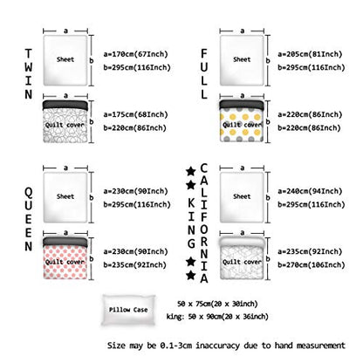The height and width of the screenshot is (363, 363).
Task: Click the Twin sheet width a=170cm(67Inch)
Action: (136, 54)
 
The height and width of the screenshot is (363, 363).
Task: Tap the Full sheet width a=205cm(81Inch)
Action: (310, 54)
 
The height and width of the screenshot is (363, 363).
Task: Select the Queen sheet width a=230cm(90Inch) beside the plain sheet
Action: (136, 191)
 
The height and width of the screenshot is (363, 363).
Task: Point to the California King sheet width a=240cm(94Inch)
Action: (310, 191)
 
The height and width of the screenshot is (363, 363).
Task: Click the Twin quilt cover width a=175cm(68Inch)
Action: (136, 114)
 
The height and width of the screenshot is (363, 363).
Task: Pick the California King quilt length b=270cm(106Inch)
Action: (312, 265)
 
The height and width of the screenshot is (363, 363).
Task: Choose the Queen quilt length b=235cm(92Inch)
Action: (135, 265)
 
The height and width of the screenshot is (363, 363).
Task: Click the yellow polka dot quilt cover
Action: (242, 121)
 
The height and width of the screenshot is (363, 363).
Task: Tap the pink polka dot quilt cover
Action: (65, 258)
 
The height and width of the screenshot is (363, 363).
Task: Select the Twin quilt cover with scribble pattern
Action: (65, 121)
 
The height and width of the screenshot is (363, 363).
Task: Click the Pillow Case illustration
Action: (128, 310)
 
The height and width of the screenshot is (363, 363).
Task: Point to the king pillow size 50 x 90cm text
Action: (217, 317)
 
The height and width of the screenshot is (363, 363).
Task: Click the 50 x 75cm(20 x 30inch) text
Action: (217, 304)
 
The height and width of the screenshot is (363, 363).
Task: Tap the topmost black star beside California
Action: (190, 171)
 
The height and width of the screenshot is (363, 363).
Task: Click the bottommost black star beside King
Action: (190, 275)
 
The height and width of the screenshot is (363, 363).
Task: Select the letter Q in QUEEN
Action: (29, 193)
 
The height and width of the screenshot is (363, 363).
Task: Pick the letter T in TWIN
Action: (29, 54)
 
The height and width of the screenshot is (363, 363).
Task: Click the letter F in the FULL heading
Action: (204, 54)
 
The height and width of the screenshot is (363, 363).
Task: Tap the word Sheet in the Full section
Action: (242, 59)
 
